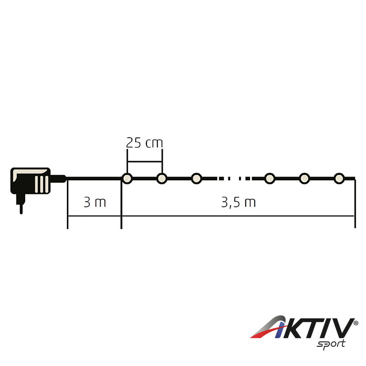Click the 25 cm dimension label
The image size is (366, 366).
pyautogui.click(x=144, y=143)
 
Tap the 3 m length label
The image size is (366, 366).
pyautogui.click(x=95, y=202)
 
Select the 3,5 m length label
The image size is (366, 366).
pyautogui.click(x=238, y=202)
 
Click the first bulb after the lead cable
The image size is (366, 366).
pyautogui.click(x=127, y=178)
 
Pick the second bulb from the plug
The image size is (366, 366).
pyautogui.click(x=162, y=178)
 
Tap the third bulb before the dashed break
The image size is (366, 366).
pyautogui.click(x=197, y=178)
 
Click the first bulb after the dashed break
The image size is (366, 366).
pyautogui.click(x=270, y=178)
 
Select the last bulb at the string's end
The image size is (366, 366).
pyautogui.click(x=339, y=178)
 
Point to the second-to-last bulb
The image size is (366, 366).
pyautogui.click(x=304, y=178)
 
